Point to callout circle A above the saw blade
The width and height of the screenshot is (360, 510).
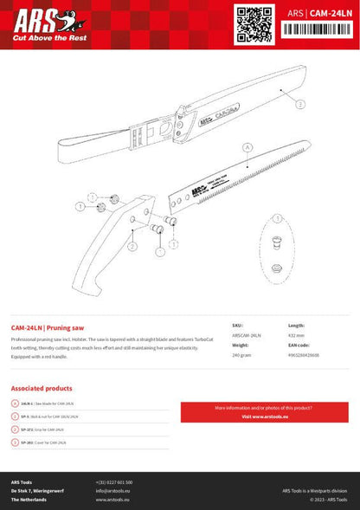pyautogui.click(x=247, y=148)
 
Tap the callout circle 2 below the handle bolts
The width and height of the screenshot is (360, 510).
pyautogui.click(x=132, y=247)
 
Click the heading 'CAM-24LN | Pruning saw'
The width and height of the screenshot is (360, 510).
pyautogui.click(x=48, y=328)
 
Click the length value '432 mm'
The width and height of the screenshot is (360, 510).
pyautogui.click(x=295, y=334)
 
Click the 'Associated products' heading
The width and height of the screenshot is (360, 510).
pyautogui.click(x=42, y=388)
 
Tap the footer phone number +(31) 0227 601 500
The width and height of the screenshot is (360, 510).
pyautogui.click(x=114, y=481)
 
